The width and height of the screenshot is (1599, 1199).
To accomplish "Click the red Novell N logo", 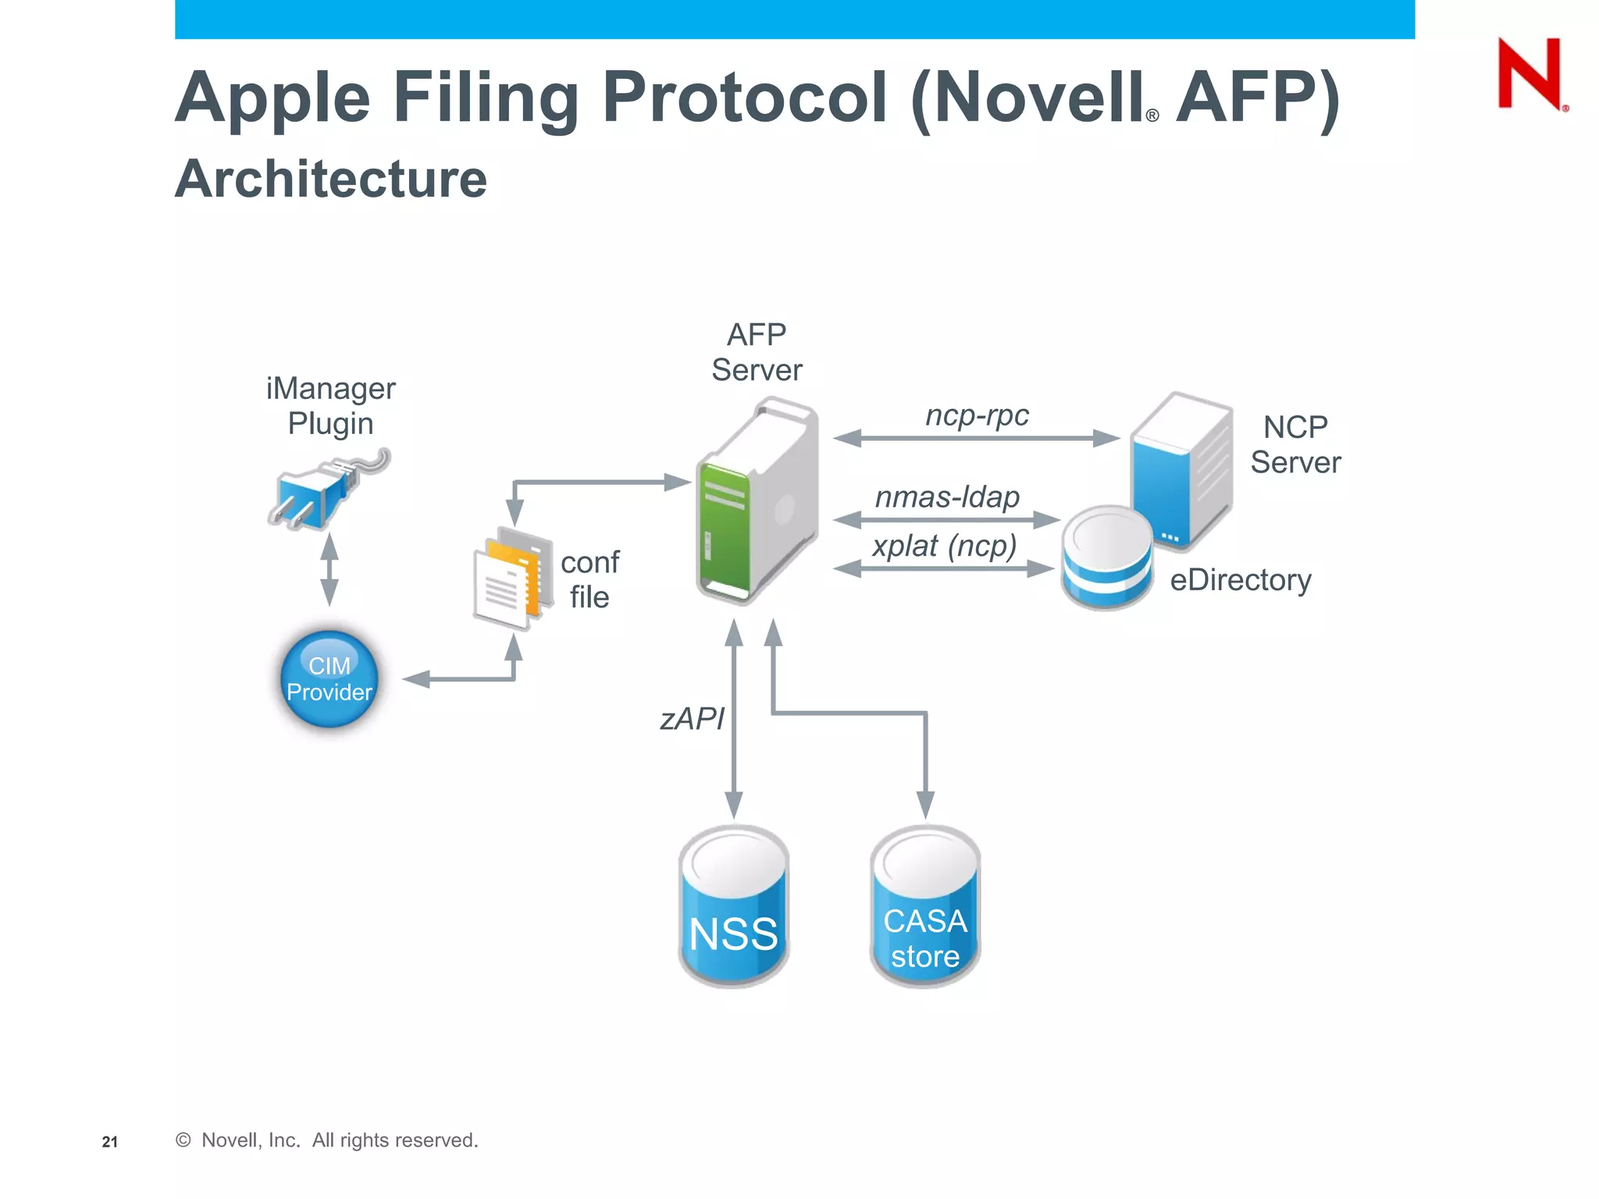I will (1530, 74).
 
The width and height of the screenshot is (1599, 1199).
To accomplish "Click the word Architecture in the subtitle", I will (331, 179).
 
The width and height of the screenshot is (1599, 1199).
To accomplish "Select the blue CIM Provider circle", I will (329, 679).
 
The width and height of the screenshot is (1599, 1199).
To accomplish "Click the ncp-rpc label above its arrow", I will (977, 414).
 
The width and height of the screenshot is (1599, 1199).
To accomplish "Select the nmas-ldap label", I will (947, 496).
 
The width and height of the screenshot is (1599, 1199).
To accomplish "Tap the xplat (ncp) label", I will (945, 546).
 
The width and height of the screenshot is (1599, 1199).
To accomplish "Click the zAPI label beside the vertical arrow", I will (692, 718).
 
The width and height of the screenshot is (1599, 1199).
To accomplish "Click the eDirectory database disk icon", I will (1107, 558).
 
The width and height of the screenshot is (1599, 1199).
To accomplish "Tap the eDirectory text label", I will (1240, 580).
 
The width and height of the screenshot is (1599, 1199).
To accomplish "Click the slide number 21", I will (110, 1142).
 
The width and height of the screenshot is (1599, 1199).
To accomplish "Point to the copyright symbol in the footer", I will (183, 1140).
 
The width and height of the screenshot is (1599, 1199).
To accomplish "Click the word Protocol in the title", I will (745, 98).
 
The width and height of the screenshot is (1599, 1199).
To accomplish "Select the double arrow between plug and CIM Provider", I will (329, 570).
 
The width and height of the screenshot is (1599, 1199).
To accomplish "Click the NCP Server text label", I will (1295, 445).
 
